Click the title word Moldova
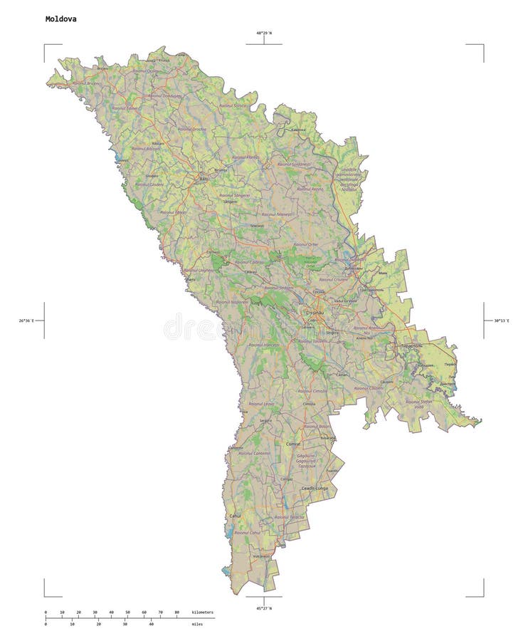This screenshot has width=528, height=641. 60,19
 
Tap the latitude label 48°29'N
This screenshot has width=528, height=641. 264,33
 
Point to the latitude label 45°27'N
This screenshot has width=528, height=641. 264,608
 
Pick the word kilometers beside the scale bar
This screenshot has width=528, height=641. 202,613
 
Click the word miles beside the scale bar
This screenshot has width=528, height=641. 196,624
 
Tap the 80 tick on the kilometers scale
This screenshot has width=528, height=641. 176,613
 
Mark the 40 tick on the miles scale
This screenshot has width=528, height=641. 151,624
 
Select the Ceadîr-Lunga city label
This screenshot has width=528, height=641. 314,488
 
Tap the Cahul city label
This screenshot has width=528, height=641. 236,515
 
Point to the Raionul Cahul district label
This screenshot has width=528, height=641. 246,532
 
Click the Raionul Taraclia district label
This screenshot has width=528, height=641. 290,517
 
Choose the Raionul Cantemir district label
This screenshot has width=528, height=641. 254,453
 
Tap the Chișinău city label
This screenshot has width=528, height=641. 315,312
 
